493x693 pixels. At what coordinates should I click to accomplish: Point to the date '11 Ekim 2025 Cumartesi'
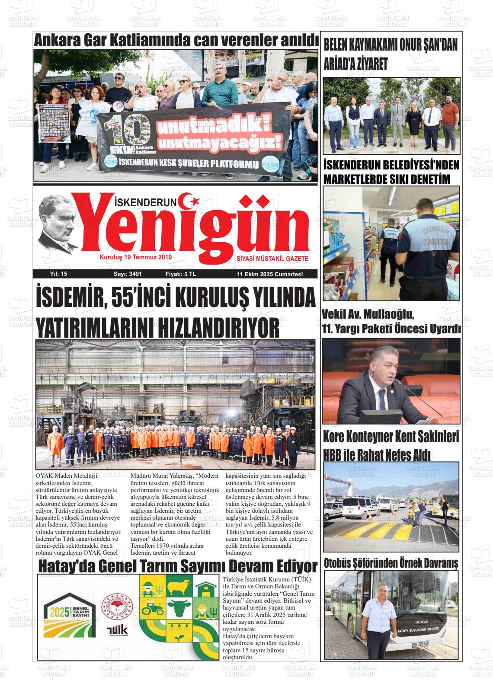click(269, 274)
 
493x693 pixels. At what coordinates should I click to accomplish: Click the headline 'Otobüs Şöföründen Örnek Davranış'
click(391, 564)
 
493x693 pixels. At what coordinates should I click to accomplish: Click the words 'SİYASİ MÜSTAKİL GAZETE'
click(272, 258)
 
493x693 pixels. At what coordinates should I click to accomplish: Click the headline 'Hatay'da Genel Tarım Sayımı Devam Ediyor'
click(178, 566)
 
